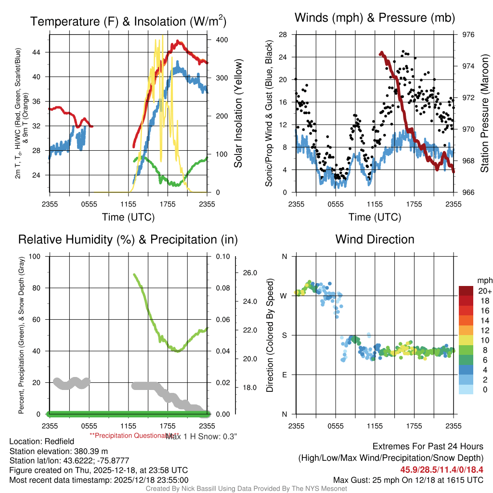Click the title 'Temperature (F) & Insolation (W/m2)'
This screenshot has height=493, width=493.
[x=128, y=22]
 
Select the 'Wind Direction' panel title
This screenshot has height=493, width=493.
[x=375, y=239]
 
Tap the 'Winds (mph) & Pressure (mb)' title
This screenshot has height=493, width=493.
[x=375, y=18]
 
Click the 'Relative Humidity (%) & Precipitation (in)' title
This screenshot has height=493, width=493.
[x=128, y=240]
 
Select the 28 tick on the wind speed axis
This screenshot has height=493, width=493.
[x=283, y=35]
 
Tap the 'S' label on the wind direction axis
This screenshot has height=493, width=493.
[x=284, y=335]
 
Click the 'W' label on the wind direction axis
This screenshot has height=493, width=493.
[x=284, y=296]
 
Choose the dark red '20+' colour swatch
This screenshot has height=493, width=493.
[x=466, y=291]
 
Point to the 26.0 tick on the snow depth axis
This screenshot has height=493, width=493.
[x=250, y=273]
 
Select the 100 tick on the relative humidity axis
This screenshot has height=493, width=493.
[x=35, y=256]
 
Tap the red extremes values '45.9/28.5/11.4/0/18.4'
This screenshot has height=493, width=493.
[x=441, y=469]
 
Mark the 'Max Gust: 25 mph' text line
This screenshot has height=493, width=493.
[x=408, y=480]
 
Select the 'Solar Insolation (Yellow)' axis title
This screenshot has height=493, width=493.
[x=238, y=114]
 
